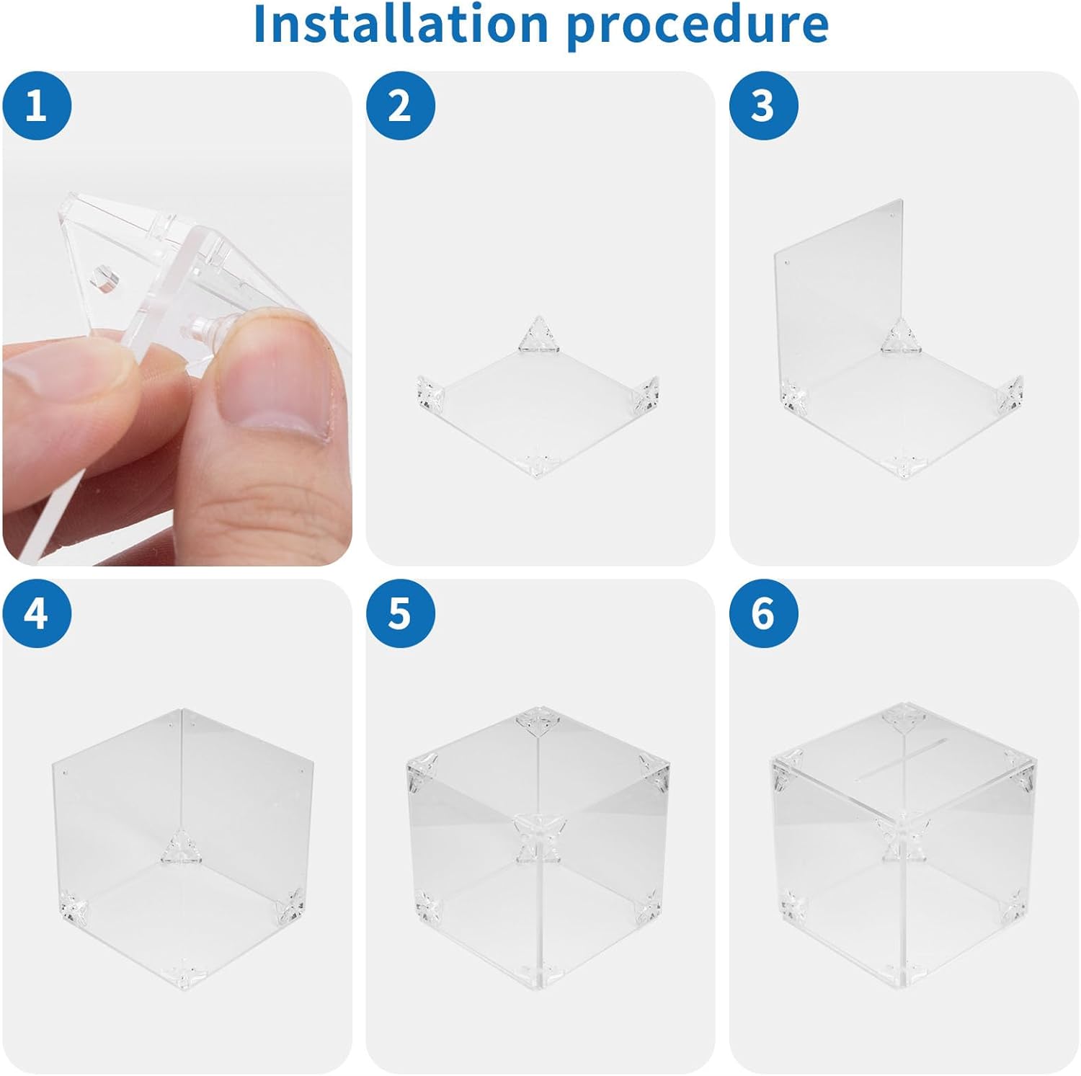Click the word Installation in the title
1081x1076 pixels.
tap(401, 24)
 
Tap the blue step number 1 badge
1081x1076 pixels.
tap(37, 106)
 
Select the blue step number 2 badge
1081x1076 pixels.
tap(400, 106)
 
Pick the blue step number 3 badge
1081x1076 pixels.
tap(764, 106)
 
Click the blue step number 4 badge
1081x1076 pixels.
tap(37, 613)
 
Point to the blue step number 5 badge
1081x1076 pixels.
tap(400, 613)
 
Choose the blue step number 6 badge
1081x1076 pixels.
tap(764, 613)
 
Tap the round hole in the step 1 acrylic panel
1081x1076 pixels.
tap(102, 278)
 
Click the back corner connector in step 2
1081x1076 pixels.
tap(538, 334)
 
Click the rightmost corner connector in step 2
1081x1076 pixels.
tap(646, 394)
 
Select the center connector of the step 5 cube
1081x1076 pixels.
tap(539, 836)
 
